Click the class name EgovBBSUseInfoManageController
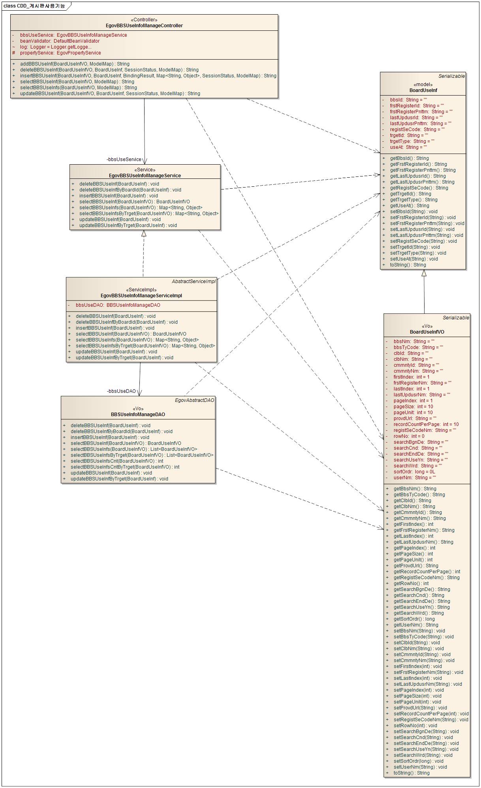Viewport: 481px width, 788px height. point(144,26)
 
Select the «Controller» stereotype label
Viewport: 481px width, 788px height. point(144,20)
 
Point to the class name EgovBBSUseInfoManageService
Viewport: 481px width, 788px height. point(145,176)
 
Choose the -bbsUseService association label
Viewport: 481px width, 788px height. point(124,159)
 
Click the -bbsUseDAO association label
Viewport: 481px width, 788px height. point(121,391)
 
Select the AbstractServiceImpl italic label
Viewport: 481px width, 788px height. point(194,281)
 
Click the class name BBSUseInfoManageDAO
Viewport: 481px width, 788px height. point(138,415)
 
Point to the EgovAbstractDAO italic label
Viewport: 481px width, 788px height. point(195,400)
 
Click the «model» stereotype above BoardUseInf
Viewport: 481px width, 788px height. point(423,84)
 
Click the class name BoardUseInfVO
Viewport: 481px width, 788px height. point(427,332)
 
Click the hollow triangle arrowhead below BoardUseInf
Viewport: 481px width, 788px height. point(424,273)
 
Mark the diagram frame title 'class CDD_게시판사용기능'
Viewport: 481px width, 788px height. point(34,6)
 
